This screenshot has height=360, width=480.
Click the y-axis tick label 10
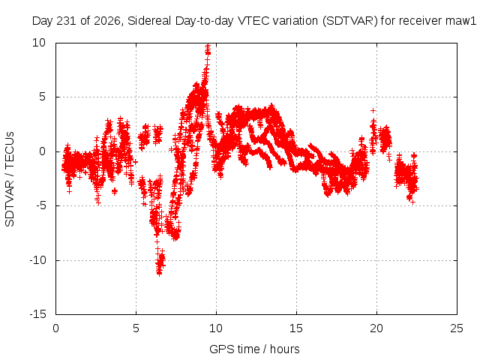[39, 43]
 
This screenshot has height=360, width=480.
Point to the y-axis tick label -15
[38, 314]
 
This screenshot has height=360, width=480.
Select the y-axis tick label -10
[38, 260]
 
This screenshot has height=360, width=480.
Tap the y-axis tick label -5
[41, 205]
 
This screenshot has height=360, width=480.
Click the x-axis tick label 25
[457, 328]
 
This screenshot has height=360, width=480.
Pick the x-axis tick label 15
[296, 328]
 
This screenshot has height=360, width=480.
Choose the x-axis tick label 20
[376, 328]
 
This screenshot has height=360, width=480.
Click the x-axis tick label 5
[136, 328]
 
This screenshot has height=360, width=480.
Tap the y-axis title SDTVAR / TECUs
[10, 179]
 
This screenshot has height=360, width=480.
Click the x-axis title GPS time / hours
[254, 349]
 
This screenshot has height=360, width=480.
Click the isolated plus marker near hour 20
[373, 110]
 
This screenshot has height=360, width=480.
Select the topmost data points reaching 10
[208, 49]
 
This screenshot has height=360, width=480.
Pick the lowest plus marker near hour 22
[413, 202]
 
